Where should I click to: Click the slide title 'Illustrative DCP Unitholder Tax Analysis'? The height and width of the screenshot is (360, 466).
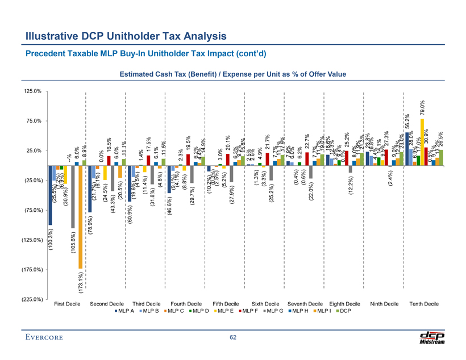(x=126, y=36)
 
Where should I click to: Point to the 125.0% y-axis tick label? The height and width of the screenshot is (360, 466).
(x=35, y=91)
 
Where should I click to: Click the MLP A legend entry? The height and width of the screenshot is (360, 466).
(x=124, y=313)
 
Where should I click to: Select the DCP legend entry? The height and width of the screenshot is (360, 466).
(x=343, y=313)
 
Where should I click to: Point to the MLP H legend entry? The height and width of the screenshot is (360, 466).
(x=296, y=313)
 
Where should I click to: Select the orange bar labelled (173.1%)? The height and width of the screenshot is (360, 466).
(x=81, y=216)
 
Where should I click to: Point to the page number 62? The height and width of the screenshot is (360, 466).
(x=233, y=339)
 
